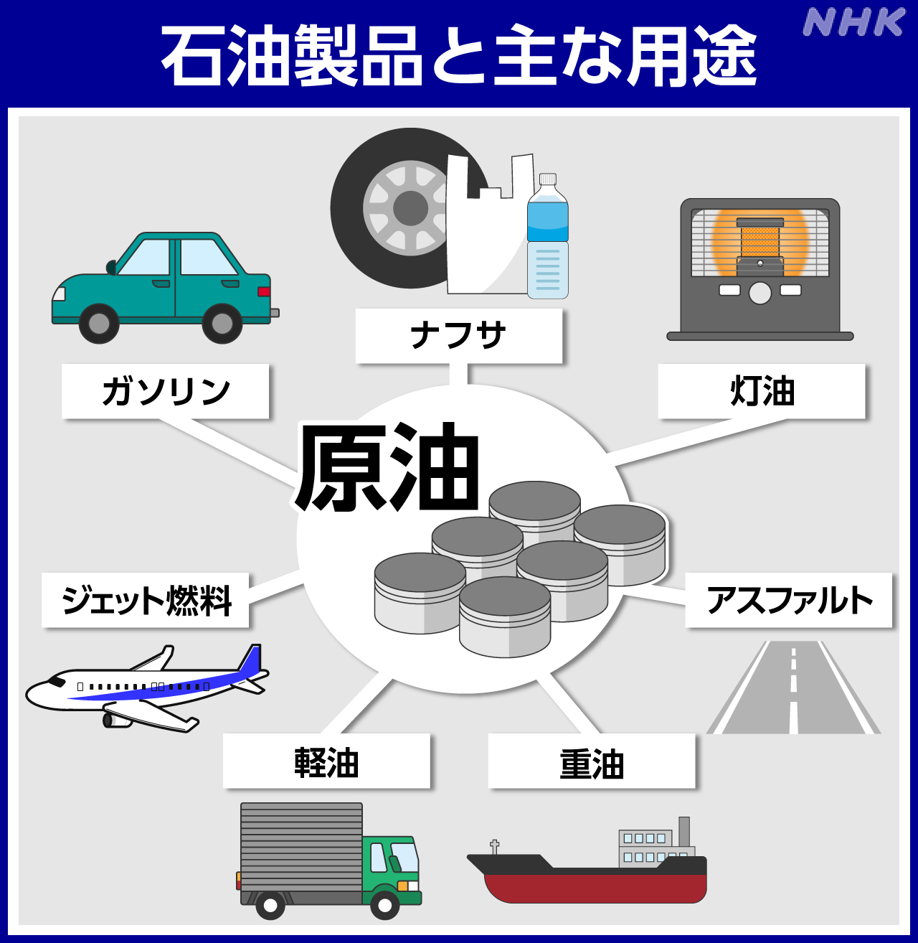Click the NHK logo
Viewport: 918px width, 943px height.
point(853,22)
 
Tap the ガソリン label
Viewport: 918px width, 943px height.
point(166,391)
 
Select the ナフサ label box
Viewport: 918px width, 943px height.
point(459,336)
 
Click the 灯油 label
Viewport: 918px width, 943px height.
point(762,391)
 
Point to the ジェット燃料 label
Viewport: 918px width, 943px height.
point(146,600)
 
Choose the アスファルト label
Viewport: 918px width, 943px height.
point(789,600)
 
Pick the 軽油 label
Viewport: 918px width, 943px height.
point(326,761)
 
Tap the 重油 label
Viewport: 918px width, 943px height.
point(592,761)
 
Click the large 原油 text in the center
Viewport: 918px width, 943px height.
point(387,466)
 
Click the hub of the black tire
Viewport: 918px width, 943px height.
point(410,209)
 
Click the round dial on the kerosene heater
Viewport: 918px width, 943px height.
point(760,292)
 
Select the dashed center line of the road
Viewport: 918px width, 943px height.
point(793,682)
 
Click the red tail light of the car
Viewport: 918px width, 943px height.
point(264,291)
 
